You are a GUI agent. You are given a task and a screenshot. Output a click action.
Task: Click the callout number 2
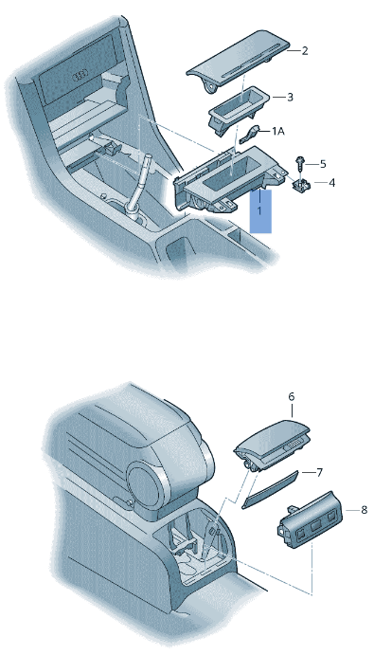tap(305, 51)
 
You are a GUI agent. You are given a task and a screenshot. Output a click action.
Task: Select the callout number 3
tap(290, 97)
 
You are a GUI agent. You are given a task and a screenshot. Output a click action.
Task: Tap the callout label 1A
tap(278, 131)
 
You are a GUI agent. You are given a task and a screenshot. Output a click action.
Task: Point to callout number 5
tap(323, 164)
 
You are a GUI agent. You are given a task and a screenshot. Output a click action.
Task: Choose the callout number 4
tap(331, 183)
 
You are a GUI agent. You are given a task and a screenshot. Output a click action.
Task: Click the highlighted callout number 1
tap(259, 211)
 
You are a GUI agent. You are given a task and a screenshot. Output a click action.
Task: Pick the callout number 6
tap(292, 395)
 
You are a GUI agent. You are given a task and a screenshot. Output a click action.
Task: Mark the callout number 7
tap(320, 472)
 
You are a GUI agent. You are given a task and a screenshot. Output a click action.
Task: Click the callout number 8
tap(364, 510)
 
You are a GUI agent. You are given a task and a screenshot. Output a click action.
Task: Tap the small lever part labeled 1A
tap(251, 135)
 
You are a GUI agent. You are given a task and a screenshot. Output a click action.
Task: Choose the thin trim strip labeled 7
tap(270, 490)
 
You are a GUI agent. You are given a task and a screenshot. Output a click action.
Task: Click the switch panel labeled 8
tap(310, 517)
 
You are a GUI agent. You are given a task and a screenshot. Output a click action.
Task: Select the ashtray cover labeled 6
tap(273, 444)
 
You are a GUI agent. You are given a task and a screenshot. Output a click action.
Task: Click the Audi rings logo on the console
tap(80, 77)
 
